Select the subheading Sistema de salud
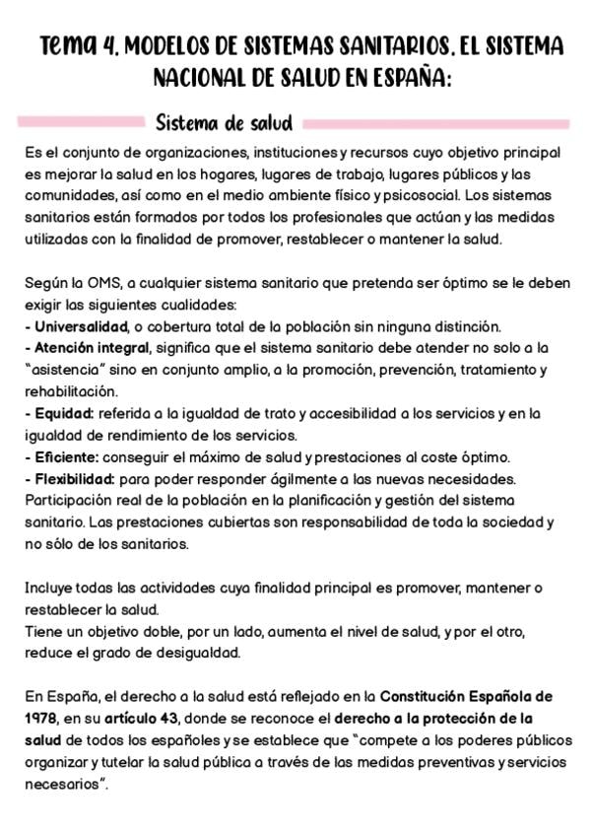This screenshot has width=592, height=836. (224, 123)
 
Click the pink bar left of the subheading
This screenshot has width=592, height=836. (80, 123)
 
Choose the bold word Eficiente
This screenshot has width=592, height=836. (66, 456)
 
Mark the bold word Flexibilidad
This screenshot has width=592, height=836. (72, 478)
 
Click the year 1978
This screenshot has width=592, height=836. (42, 717)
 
